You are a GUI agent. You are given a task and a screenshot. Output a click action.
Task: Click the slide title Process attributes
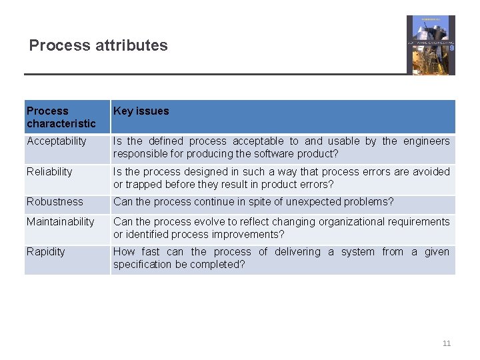99,45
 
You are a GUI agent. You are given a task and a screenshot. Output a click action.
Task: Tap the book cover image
431,45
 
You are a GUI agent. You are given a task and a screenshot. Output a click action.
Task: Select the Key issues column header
141,111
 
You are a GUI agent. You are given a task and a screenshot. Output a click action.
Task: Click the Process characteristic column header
61,117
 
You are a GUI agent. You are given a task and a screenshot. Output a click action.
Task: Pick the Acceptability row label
57,141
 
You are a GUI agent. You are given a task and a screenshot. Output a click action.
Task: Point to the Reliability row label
49,171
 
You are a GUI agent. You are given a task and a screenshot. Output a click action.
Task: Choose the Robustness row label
55,201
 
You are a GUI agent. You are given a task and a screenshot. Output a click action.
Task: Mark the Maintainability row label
61,221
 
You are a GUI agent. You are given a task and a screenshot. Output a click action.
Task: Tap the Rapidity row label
46,251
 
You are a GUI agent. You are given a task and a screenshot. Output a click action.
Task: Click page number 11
447,343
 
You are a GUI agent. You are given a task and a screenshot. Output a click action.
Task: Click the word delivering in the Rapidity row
297,251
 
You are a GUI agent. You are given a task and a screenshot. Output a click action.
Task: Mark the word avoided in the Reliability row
431,171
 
